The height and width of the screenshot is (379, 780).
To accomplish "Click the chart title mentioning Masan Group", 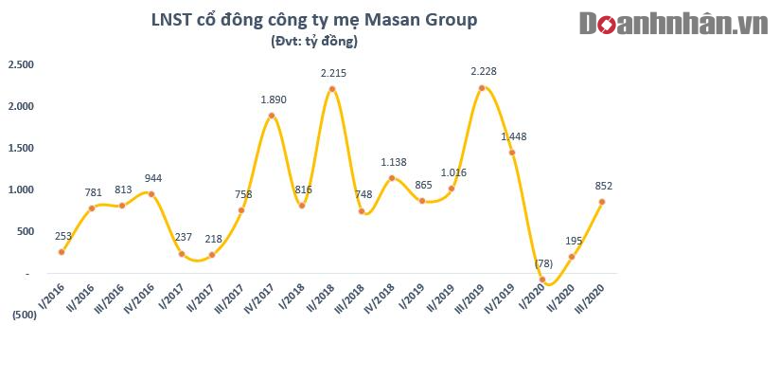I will point(314,20).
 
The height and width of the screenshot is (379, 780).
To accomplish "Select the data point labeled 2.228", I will point(482,88).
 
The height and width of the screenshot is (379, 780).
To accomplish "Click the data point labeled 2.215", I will point(332,89).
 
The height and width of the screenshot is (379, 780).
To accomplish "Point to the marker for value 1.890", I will point(272,117).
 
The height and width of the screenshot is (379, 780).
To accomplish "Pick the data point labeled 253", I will point(62,252).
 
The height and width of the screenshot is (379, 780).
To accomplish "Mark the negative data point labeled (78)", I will point(541,280).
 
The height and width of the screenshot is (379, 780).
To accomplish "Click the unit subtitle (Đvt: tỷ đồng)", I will point(314,42).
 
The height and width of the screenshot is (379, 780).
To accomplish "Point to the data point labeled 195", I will point(571,257).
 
